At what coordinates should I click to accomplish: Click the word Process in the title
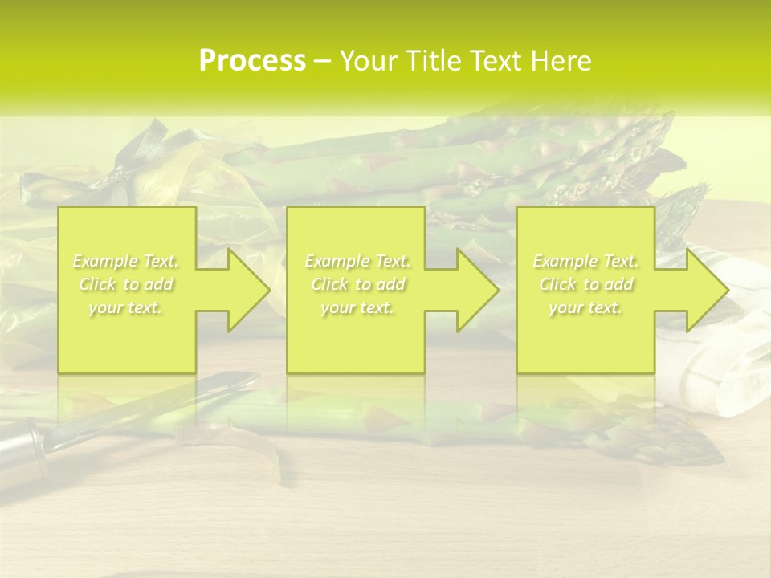[252, 61]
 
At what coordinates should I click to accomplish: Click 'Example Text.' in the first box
[126, 261]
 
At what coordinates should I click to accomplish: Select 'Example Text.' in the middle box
[357, 261]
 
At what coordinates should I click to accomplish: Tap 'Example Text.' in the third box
[585, 261]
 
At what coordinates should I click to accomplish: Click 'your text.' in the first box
[126, 307]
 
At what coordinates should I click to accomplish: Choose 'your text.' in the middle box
[357, 307]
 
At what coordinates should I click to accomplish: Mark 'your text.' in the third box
[585, 307]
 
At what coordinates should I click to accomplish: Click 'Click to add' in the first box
[126, 284]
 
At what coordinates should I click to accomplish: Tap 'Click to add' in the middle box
[357, 284]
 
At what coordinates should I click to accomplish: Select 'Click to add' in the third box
[585, 284]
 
